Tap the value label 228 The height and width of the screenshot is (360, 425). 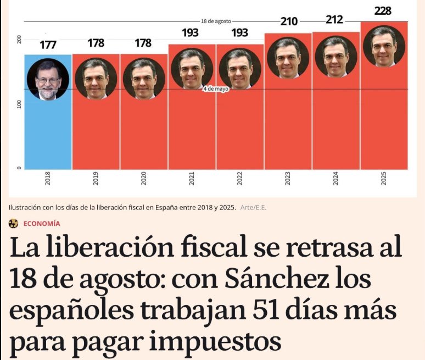(383, 10)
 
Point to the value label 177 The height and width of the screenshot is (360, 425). (48, 45)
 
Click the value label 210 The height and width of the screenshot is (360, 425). (288, 22)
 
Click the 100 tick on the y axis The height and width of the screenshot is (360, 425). (19, 104)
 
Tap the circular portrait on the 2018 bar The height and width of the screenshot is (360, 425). (48, 79)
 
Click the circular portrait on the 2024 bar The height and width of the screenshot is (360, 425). (335, 57)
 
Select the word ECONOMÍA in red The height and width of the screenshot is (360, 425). (42, 223)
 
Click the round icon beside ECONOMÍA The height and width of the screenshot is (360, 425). (13, 223)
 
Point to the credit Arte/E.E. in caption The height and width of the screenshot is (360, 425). (254, 207)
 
